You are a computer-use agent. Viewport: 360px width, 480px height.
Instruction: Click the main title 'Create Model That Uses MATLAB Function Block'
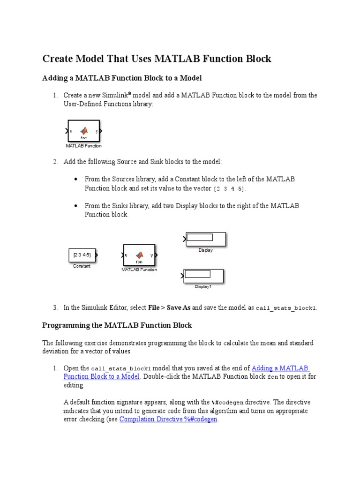157,59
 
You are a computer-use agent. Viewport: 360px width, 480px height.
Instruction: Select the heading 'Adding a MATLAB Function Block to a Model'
122,78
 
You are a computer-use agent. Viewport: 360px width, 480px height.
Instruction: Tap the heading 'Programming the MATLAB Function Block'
117,325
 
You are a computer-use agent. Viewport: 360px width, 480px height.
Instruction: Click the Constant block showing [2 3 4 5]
82,255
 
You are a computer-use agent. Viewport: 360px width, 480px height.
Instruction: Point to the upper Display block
206,239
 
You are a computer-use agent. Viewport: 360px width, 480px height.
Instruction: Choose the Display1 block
203,276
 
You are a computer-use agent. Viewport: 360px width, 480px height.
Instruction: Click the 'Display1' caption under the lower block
203,286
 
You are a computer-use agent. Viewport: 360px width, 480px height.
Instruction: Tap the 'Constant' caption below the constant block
82,266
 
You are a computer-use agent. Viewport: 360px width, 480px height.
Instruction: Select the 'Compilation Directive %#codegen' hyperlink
168,419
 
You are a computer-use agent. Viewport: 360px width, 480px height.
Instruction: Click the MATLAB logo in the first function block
84,131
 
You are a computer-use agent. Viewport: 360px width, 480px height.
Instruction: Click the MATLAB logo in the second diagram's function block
139,255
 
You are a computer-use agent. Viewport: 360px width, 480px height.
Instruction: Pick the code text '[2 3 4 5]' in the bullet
229,188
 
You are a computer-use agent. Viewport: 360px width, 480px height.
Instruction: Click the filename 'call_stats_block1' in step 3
286,308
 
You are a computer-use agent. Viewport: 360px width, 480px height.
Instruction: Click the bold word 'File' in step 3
154,307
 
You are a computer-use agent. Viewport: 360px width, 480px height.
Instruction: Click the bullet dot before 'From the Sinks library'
76,206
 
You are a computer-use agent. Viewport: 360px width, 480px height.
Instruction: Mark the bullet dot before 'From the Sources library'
76,179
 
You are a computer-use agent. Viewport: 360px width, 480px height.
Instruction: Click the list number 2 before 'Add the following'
55,162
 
